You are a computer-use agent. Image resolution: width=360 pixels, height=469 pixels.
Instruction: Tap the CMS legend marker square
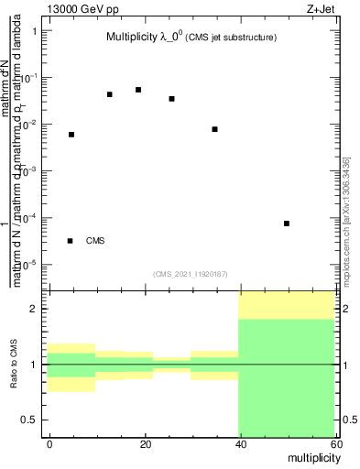tap(71, 241)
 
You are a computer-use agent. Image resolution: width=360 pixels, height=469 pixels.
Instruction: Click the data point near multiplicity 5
tap(71, 135)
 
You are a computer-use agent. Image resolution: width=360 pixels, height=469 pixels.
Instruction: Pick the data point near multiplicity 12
tap(110, 94)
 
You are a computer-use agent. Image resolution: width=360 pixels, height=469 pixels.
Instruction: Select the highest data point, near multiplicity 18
tap(138, 90)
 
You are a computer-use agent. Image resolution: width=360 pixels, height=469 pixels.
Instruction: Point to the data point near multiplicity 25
tap(171, 99)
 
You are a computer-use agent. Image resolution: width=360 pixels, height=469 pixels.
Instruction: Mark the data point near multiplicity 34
tap(214, 129)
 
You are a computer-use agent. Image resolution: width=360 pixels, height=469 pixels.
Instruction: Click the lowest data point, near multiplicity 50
tap(287, 224)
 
